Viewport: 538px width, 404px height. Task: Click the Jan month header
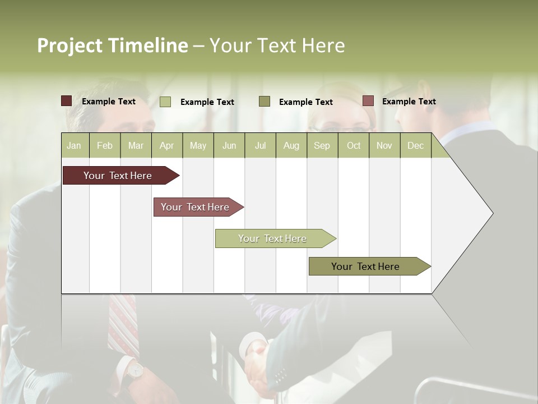coord(74,146)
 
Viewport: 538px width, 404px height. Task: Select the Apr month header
coord(167,146)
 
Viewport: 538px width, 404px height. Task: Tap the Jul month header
coord(260,146)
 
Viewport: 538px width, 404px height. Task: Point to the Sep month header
coord(322,146)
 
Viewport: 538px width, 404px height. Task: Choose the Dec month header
coord(415,146)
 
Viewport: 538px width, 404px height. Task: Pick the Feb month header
coord(105,146)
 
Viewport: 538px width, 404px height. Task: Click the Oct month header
coord(354,146)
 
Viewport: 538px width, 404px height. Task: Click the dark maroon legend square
coord(66,101)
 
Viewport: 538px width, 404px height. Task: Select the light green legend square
coord(165,102)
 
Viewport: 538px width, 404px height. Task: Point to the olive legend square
coord(265,101)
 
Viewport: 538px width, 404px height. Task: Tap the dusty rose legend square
coord(368,101)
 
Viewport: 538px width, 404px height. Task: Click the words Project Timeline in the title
coord(112,45)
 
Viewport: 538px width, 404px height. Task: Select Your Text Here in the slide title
coord(277,45)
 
